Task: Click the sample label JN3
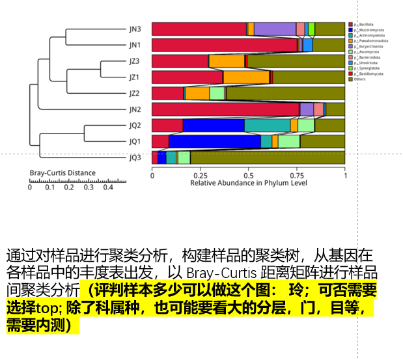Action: click(134, 29)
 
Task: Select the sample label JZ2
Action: click(134, 93)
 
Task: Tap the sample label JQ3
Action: click(134, 157)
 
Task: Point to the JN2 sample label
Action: click(134, 109)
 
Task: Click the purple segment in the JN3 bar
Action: click(275, 29)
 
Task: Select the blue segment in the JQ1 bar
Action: click(214, 141)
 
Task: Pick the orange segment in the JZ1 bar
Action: click(246, 77)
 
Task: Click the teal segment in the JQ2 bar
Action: click(267, 125)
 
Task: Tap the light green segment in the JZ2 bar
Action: click(217, 93)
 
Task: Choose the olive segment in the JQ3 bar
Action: click(267, 157)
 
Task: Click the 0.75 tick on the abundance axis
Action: click(297, 175)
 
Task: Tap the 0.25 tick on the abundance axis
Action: click(200, 175)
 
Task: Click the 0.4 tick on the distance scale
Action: click(107, 187)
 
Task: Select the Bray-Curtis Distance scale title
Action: click(63, 173)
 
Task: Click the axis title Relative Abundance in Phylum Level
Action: click(248, 183)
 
